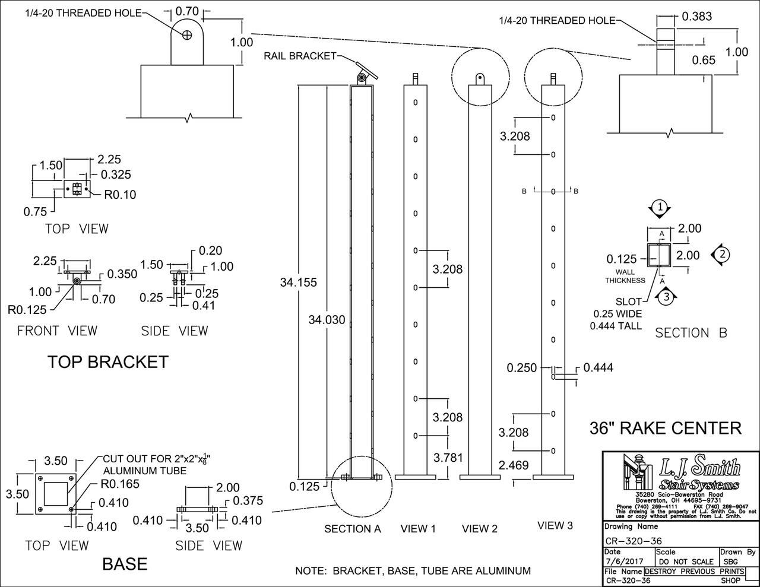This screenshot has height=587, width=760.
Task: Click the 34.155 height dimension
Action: click(298, 283)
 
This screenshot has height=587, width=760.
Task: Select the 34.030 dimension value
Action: click(327, 320)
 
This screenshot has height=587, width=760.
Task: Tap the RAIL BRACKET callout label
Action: click(300, 56)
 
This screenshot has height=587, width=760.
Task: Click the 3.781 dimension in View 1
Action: click(448, 458)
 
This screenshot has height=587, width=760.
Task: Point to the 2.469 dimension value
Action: click(514, 466)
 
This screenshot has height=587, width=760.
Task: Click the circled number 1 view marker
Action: click(660, 207)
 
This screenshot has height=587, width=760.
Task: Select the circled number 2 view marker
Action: click(721, 254)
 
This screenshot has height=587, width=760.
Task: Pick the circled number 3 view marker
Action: click(666, 297)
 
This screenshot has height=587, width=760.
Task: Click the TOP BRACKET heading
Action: click(107, 362)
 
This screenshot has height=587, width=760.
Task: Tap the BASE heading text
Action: click(125, 563)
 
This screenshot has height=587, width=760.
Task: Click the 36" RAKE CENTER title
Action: click(665, 428)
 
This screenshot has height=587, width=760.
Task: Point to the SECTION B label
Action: click(691, 333)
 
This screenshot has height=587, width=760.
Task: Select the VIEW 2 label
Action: click(479, 528)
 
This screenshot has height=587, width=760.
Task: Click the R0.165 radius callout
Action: click(121, 484)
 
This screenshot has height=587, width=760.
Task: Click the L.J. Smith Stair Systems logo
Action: click(680, 473)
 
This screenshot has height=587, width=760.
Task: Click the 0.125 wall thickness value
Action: click(621, 259)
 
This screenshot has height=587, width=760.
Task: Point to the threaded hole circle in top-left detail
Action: click(188, 35)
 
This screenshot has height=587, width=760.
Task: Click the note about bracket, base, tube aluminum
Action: click(413, 571)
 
